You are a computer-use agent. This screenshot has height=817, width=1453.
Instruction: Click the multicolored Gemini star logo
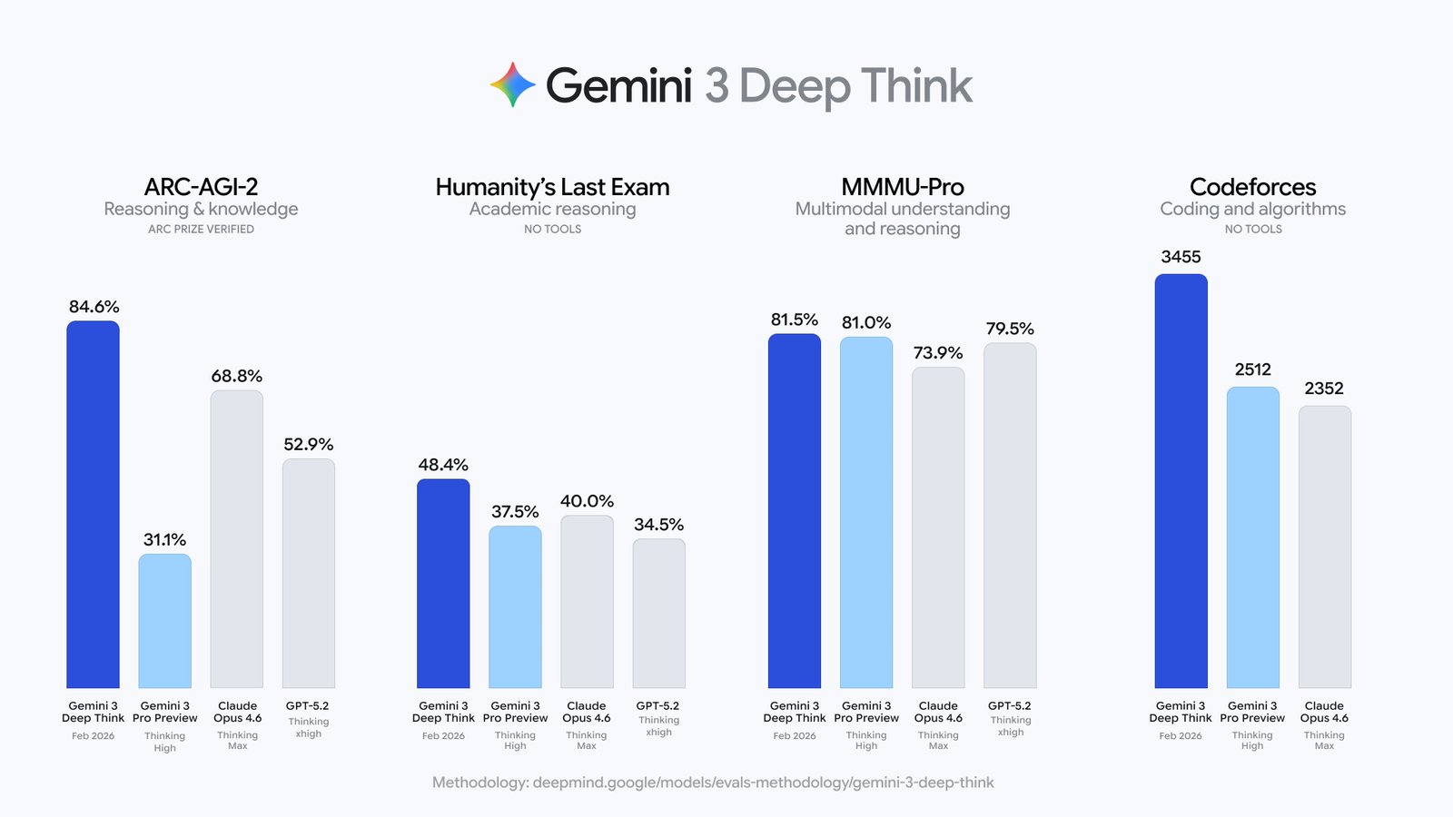coord(513,84)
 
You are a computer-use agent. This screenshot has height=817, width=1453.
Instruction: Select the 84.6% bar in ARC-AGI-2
coord(93,504)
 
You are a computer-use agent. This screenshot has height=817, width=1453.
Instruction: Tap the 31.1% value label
coord(164,540)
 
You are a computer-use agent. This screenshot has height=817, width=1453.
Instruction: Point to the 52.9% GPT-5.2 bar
coord(309,573)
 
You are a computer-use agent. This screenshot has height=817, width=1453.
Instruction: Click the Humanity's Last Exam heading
coord(552,187)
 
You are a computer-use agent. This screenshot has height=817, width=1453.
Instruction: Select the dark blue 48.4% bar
coord(443,583)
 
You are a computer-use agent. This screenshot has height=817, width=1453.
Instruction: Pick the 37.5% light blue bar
coord(515,606)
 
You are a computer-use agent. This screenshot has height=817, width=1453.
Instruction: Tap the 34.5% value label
coord(658,525)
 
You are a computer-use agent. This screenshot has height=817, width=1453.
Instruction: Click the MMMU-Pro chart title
coord(902,187)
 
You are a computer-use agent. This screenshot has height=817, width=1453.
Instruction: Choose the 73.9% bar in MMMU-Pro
coord(938,527)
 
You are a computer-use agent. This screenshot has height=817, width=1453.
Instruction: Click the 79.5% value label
coord(1010,329)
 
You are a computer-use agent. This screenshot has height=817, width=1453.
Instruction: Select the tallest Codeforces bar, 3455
coord(1181,481)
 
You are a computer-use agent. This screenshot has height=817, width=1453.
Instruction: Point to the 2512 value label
coord(1252,369)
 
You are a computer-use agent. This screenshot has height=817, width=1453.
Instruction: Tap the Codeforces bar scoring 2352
coord(1324,546)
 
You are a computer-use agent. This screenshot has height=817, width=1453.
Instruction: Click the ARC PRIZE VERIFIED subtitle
coord(201,229)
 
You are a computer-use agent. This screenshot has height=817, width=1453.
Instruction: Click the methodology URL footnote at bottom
coord(713,783)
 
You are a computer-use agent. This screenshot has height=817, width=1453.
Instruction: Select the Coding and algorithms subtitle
coord(1252,209)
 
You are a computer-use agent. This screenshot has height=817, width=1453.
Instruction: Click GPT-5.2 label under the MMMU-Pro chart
coord(1010,705)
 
